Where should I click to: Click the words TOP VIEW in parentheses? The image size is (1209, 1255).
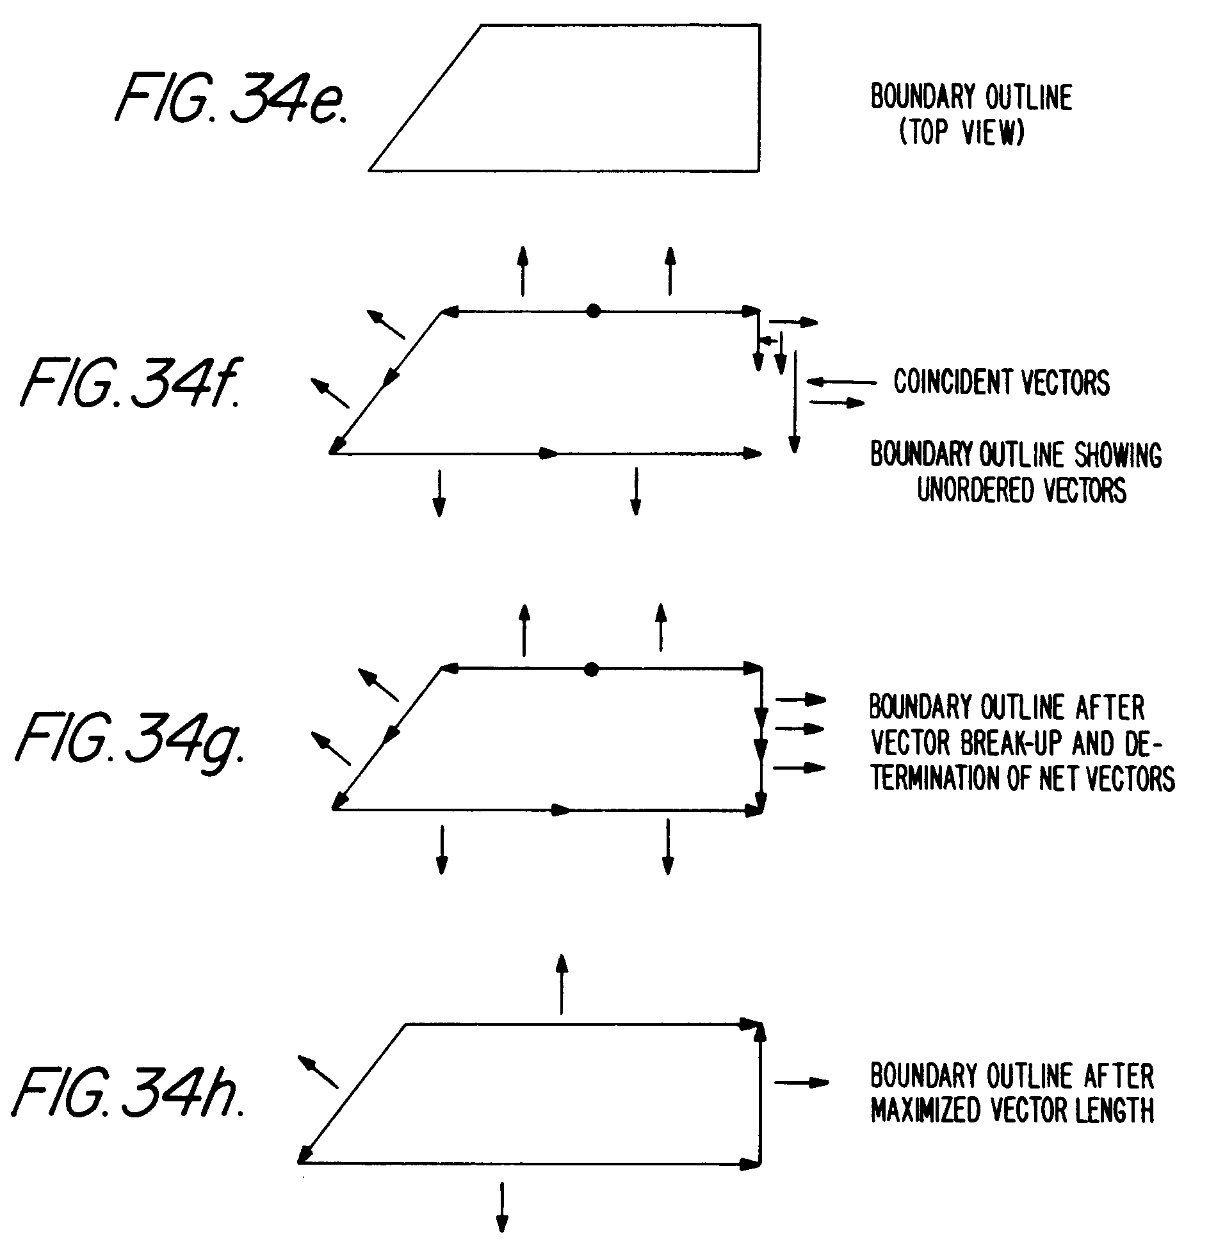[x=961, y=133]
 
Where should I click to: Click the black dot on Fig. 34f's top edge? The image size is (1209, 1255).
[x=594, y=312]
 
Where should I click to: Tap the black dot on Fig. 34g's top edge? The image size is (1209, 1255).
[x=592, y=670]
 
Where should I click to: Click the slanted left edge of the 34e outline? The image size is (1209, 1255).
[x=425, y=98]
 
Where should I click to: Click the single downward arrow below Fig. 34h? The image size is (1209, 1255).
[x=502, y=1206]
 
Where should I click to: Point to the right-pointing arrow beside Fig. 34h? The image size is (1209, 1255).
[x=802, y=1083]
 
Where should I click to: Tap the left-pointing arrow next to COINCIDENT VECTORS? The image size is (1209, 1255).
[x=841, y=382]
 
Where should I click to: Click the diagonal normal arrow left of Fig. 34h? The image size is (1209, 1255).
[x=318, y=1073]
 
